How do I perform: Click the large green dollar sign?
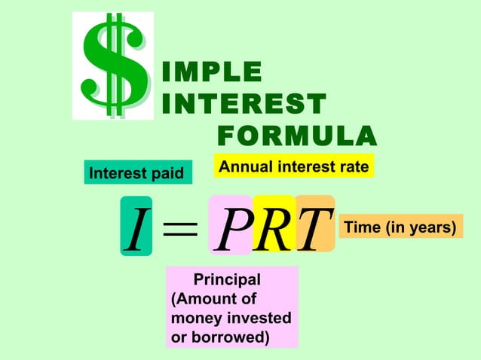(113, 66)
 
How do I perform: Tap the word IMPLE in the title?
(213, 72)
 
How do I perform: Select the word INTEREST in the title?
(244, 104)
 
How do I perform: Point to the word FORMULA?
(296, 137)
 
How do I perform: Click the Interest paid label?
(136, 174)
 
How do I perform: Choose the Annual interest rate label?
(294, 166)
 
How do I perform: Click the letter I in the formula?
(136, 227)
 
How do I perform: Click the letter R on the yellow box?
(274, 225)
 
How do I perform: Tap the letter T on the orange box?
(314, 225)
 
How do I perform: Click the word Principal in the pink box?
(227, 280)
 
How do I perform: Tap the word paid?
(168, 174)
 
